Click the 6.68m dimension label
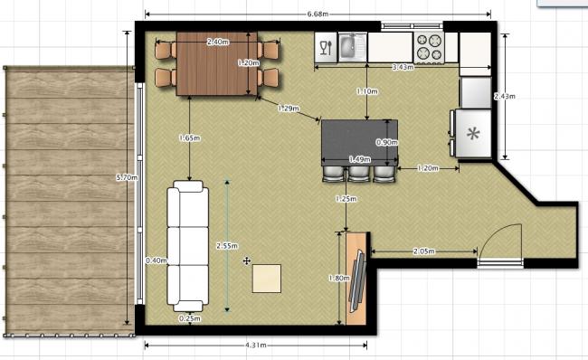(318, 14)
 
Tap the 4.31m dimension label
(256, 345)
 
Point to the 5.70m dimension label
(128, 177)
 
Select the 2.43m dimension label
(505, 97)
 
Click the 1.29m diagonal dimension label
(289, 109)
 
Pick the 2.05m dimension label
(424, 251)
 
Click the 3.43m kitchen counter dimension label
(403, 68)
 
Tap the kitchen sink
(353, 47)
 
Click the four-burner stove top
(430, 47)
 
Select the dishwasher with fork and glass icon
(326, 47)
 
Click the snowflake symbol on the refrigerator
(473, 134)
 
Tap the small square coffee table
(267, 279)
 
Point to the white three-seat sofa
(188, 246)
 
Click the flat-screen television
(358, 280)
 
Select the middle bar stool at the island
(358, 174)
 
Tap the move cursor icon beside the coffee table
(246, 261)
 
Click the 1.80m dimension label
(339, 279)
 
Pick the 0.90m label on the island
(387, 143)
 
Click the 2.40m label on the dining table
(218, 42)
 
